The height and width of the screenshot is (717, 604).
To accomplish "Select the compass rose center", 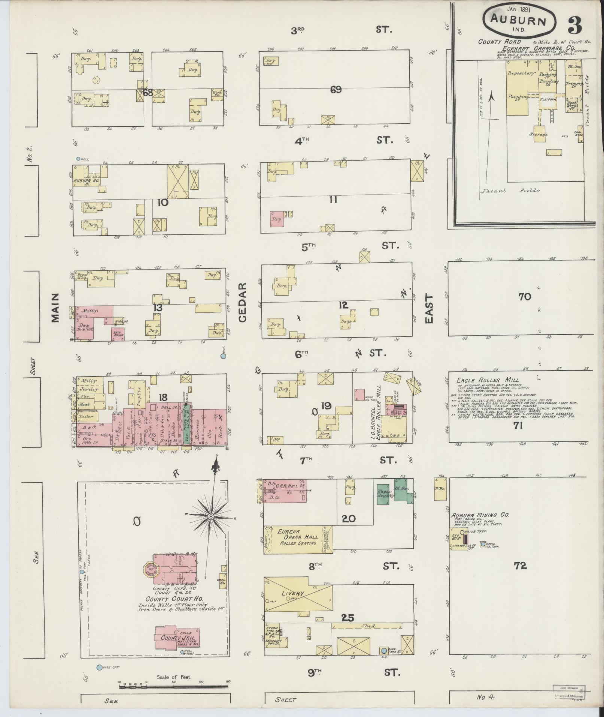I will coord(211,516).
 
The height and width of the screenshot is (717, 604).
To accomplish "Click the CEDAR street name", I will coord(242,302).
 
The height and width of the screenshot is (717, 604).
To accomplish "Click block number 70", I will coord(525,297).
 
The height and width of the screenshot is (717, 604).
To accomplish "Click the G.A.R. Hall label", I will coord(287,486).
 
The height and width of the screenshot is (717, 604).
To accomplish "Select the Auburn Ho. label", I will coord(86,180).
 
